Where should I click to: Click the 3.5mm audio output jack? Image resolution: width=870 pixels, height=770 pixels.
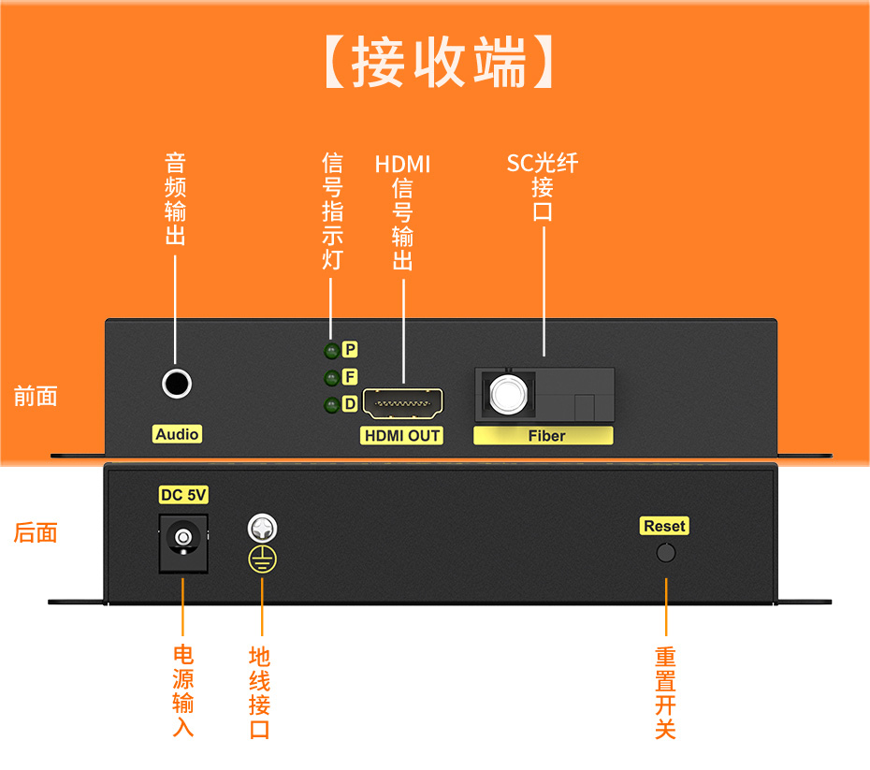[x=176, y=383]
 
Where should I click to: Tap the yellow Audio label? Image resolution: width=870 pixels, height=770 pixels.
[x=177, y=434]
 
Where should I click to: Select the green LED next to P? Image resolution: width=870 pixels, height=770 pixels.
[x=330, y=351]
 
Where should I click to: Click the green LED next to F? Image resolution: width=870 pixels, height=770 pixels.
[x=330, y=378]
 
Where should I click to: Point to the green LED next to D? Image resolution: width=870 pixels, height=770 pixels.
[x=330, y=405]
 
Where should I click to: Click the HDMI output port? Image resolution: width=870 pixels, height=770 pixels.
[x=402, y=404]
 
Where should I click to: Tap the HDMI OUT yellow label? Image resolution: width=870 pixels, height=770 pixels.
[x=402, y=435]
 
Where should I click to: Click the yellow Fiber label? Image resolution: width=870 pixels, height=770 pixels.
[x=544, y=435]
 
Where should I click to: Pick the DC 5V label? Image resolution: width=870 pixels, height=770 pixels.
[x=182, y=495]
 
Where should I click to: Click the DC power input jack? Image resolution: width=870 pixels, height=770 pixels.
[x=182, y=540]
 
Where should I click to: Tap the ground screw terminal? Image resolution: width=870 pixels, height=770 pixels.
[x=261, y=529]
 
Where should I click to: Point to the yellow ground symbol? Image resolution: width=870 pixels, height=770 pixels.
[x=262, y=559]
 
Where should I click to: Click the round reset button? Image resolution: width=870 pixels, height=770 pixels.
[x=665, y=552]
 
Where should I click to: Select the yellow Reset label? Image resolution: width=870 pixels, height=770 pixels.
[x=665, y=527]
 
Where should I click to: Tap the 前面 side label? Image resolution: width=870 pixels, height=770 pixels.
[x=36, y=396]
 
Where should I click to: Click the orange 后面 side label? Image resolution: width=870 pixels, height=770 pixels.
[x=36, y=533]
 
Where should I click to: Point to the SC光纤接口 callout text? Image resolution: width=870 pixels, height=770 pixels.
[x=543, y=186]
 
